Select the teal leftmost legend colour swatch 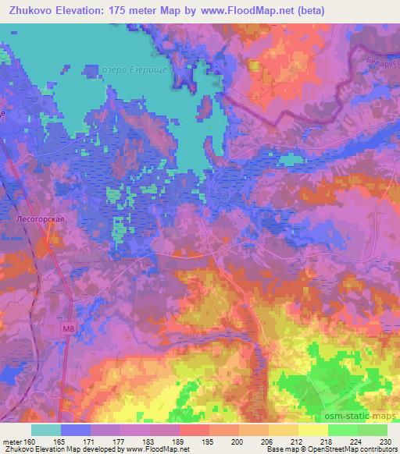point(46,430)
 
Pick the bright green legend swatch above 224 point(343,430)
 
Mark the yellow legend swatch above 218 point(313,430)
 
